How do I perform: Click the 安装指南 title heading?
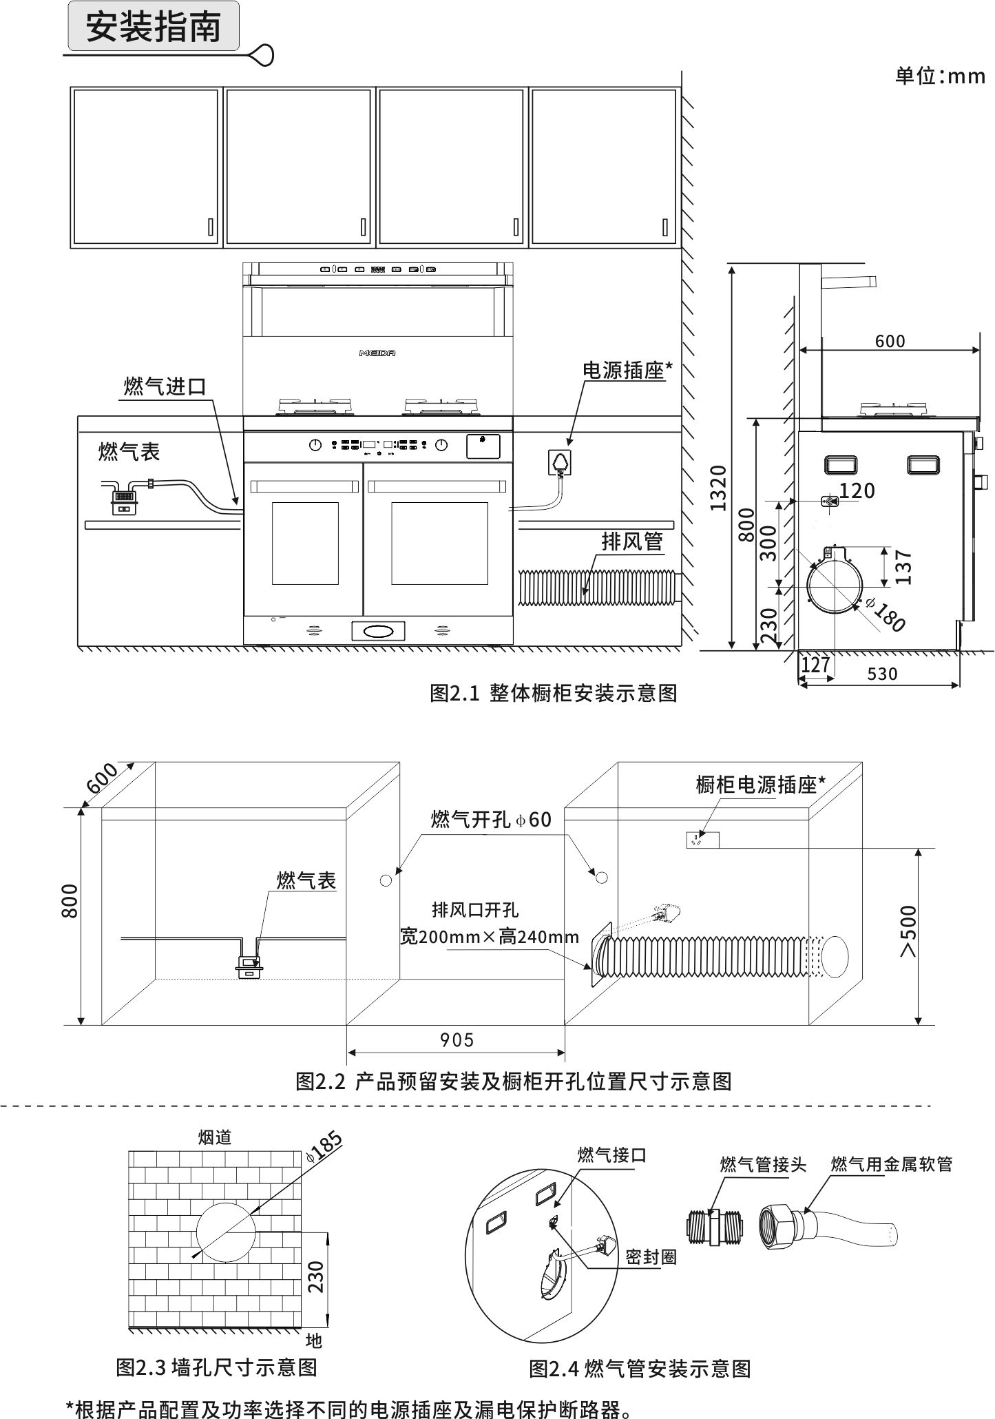click(x=153, y=28)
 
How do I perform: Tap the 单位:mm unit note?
click(x=939, y=76)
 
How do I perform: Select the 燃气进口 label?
click(x=165, y=386)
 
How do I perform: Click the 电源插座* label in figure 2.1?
click(x=627, y=371)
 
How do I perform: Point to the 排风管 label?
click(x=631, y=541)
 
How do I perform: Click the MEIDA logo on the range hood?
click(x=377, y=353)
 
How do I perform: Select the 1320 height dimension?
click(x=718, y=488)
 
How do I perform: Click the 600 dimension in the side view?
click(x=890, y=341)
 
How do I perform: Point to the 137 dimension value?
click(x=904, y=566)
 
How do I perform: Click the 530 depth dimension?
click(x=882, y=674)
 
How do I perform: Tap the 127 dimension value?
click(x=815, y=665)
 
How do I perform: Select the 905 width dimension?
click(x=457, y=1039)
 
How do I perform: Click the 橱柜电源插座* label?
click(x=760, y=785)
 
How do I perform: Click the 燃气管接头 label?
click(x=763, y=1164)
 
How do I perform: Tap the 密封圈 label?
click(x=651, y=1257)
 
